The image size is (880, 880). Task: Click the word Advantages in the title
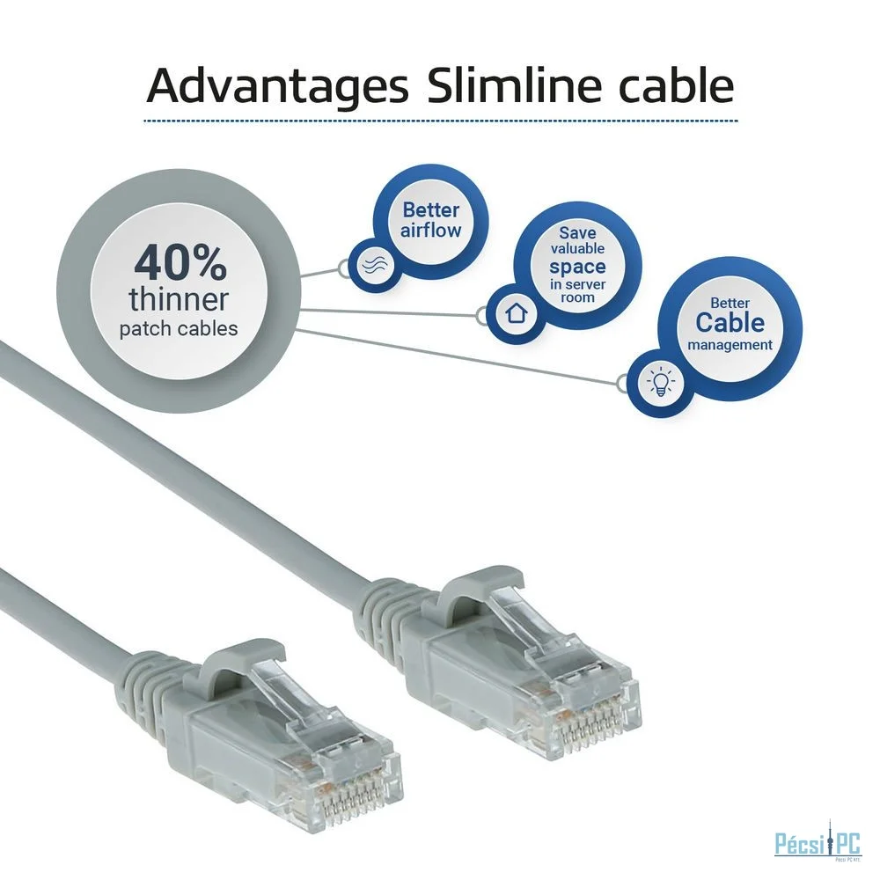[x=277, y=87]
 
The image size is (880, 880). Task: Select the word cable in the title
[x=664, y=85]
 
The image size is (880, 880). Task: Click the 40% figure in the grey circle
[x=180, y=264]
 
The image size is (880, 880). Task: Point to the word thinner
[x=179, y=299]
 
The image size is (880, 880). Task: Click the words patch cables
[x=179, y=328]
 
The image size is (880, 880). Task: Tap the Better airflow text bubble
[x=431, y=220]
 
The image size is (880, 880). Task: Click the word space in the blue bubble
[x=577, y=267]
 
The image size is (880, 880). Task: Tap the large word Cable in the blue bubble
[x=730, y=322]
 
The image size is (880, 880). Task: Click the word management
[x=730, y=345]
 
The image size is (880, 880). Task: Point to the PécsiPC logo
[x=818, y=844]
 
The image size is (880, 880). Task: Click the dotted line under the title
[x=441, y=121]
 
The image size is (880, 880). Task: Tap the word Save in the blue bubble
[x=577, y=232]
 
